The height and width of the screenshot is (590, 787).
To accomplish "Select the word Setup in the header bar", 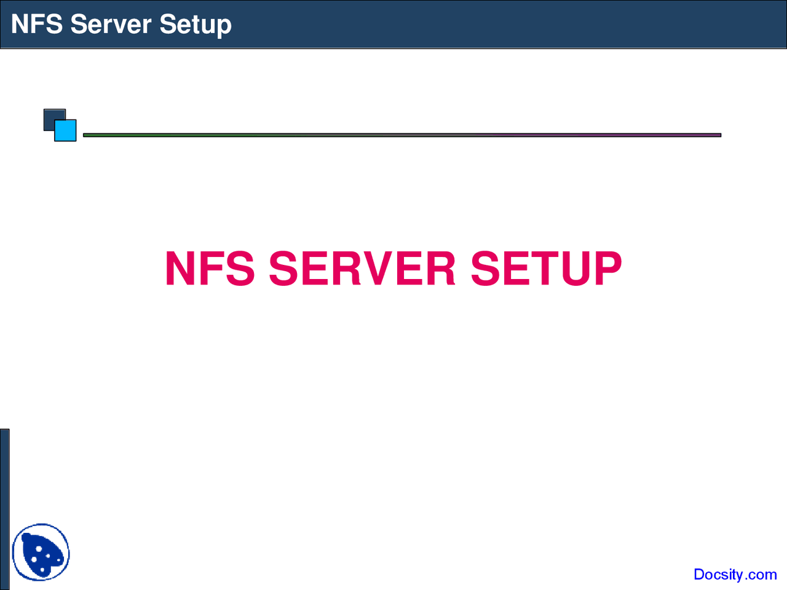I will pyautogui.click(x=195, y=25).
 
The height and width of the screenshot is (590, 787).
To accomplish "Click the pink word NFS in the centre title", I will pyautogui.click(x=210, y=269).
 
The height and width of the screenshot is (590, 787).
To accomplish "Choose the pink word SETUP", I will pyautogui.click(x=546, y=269).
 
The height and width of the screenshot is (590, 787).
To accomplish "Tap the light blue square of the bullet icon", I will pyautogui.click(x=66, y=130).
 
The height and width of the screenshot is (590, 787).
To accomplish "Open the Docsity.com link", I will pyautogui.click(x=735, y=574).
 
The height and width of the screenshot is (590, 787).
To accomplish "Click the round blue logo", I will pyautogui.click(x=41, y=553).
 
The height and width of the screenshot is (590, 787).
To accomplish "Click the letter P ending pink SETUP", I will pyautogui.click(x=603, y=269).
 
